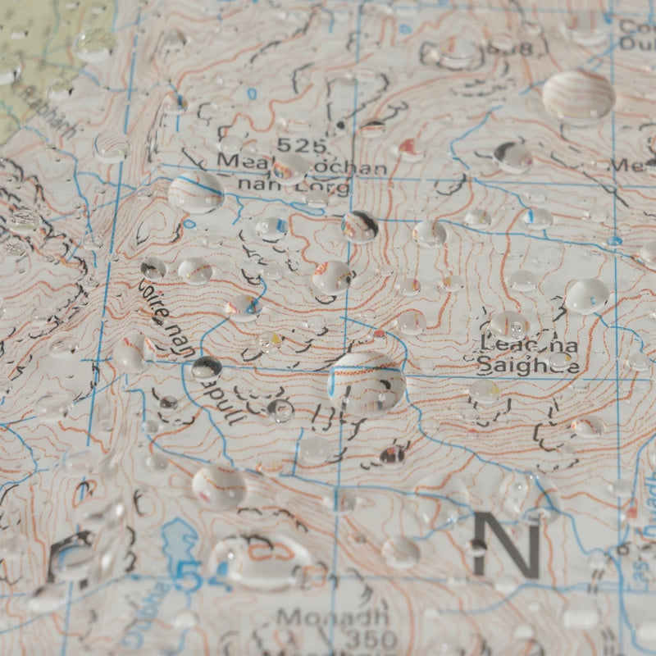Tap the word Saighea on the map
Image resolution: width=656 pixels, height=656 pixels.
coord(526,365)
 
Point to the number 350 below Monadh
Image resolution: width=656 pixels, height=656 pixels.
coord(367,640)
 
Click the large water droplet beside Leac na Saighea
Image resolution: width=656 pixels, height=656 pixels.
coord(367,383)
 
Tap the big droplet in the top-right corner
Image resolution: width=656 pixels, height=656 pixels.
coord(578,95)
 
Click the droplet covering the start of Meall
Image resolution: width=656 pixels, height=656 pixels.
coord(196,191)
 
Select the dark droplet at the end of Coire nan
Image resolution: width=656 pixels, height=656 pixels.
coord(207,367)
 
